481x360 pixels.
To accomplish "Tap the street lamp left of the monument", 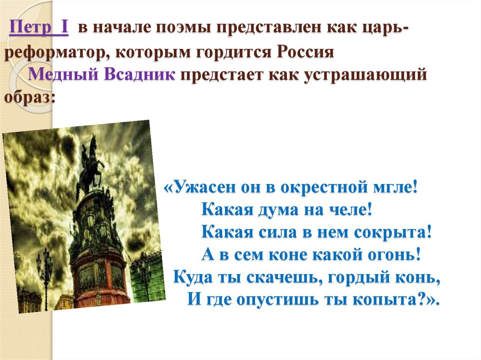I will [x=46, y=272].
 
